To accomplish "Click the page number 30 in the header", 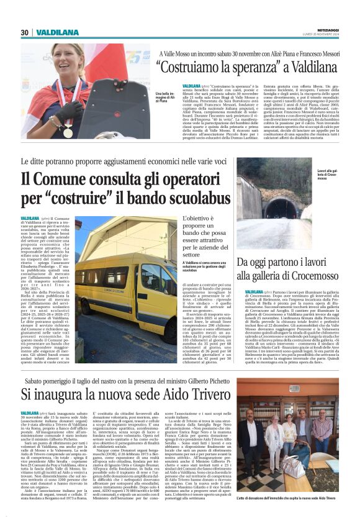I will click(24, 32).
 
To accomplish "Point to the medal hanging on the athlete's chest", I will click(68, 132).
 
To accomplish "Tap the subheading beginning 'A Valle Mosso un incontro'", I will click(248, 54).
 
